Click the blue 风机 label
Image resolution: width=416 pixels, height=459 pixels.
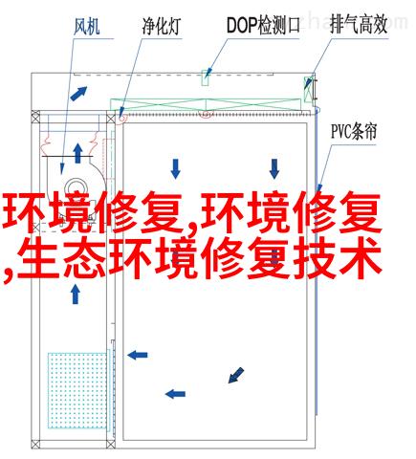pos(87,26)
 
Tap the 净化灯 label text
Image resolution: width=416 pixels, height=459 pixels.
pos(162,26)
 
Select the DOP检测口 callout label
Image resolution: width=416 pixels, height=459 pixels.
pos(263,25)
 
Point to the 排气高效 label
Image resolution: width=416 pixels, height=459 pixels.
pos(359,24)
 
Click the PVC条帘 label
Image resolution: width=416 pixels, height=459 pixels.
pos(354,131)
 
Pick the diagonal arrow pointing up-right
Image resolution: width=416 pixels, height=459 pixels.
pos(78,94)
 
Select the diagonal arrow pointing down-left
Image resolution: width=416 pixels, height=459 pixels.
pos(236,375)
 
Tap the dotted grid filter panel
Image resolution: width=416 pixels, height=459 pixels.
pos(77,390)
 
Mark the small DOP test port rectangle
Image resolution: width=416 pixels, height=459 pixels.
pos(206,78)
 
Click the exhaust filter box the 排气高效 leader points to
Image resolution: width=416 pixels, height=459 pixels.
pos(309,89)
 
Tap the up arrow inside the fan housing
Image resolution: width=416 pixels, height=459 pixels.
pos(77,153)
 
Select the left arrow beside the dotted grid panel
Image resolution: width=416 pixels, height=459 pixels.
pos(138,355)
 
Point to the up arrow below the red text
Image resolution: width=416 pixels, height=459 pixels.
pos(76,295)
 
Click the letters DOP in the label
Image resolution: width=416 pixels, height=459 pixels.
pos(242,26)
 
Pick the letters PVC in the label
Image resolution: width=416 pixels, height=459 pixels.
pos(341,132)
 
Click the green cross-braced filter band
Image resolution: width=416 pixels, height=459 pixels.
pos(206,105)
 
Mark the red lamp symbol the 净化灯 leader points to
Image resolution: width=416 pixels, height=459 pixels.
pos(121,118)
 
